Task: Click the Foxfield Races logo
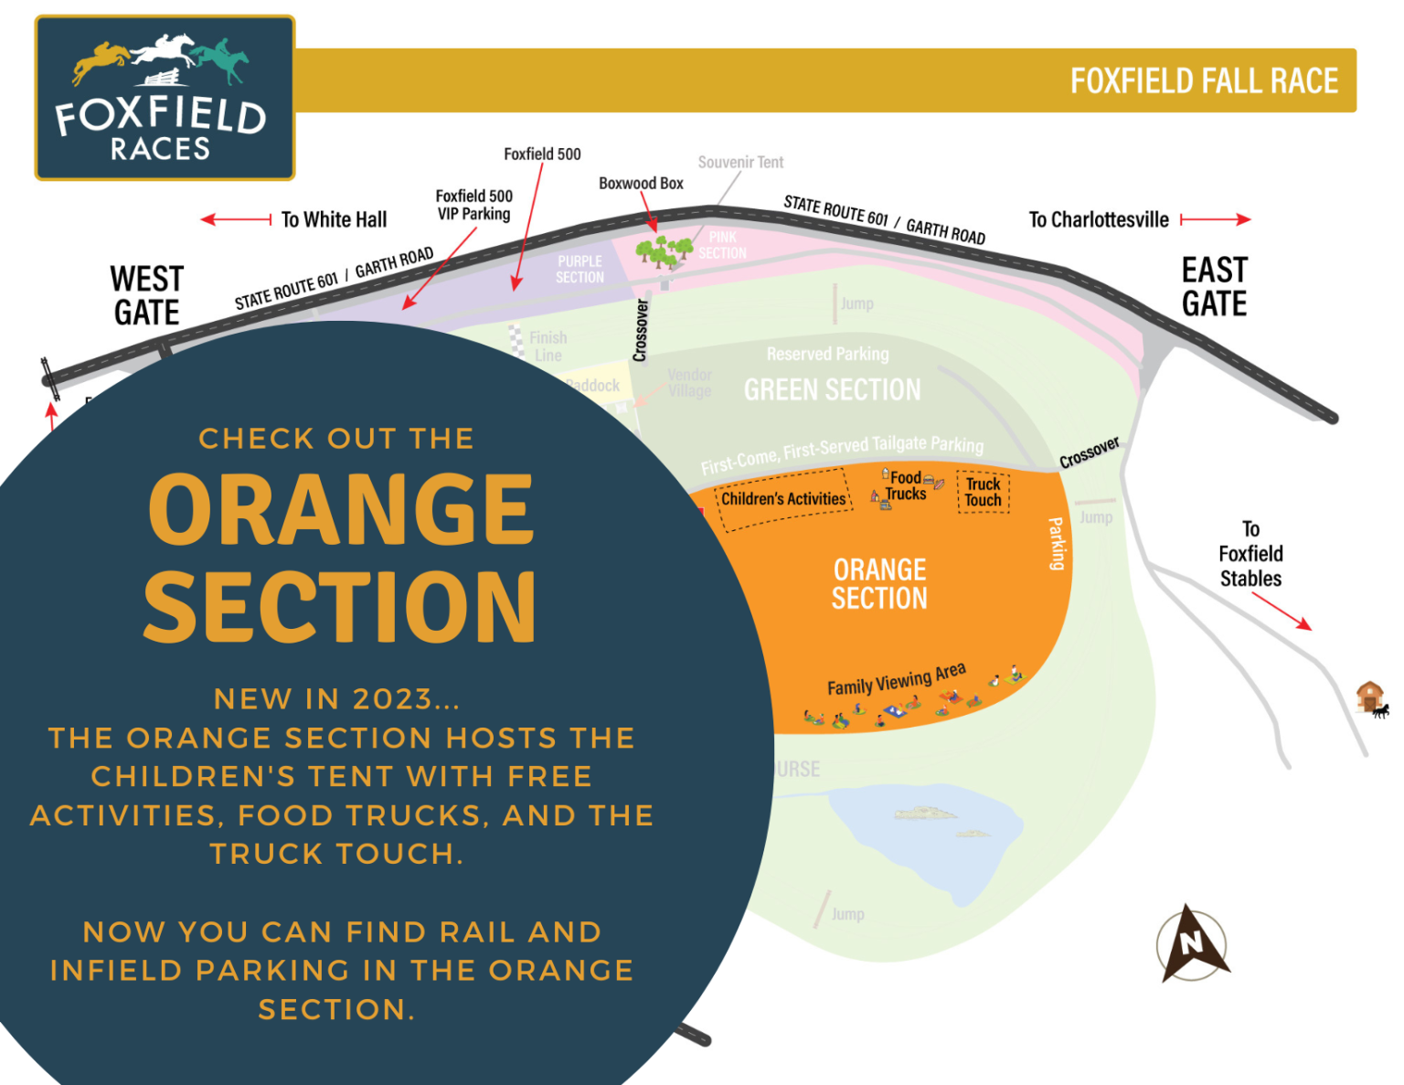[165, 98]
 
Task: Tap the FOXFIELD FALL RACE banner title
[1204, 80]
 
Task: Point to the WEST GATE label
[146, 295]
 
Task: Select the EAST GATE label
[1214, 286]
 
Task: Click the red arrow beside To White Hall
[236, 219]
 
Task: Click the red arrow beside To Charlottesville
[1215, 219]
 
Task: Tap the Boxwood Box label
[641, 183]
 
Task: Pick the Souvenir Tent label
[740, 162]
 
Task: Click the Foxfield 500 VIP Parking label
[473, 205]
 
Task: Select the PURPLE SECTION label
[580, 269]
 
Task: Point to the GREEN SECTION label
[832, 390]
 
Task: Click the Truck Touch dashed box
[984, 492]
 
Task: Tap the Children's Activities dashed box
[783, 499]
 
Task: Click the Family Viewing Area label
[896, 679]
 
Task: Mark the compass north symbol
[1191, 943]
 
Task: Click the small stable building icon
[1369, 697]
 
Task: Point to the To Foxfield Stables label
[1250, 554]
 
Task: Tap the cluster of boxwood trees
[664, 250]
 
